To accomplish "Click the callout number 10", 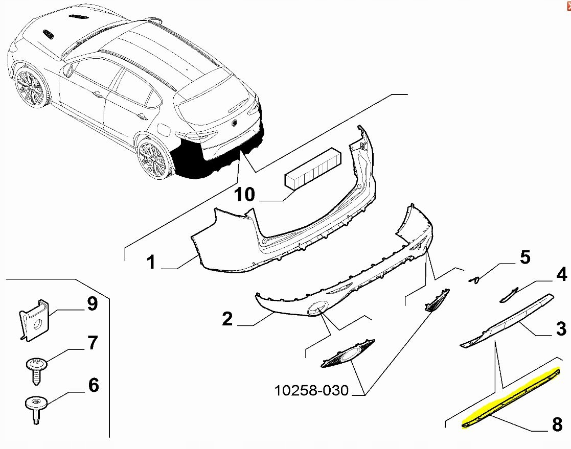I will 245,195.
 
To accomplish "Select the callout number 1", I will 150,263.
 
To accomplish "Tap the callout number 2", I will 227,320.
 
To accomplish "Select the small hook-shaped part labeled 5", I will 475,279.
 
